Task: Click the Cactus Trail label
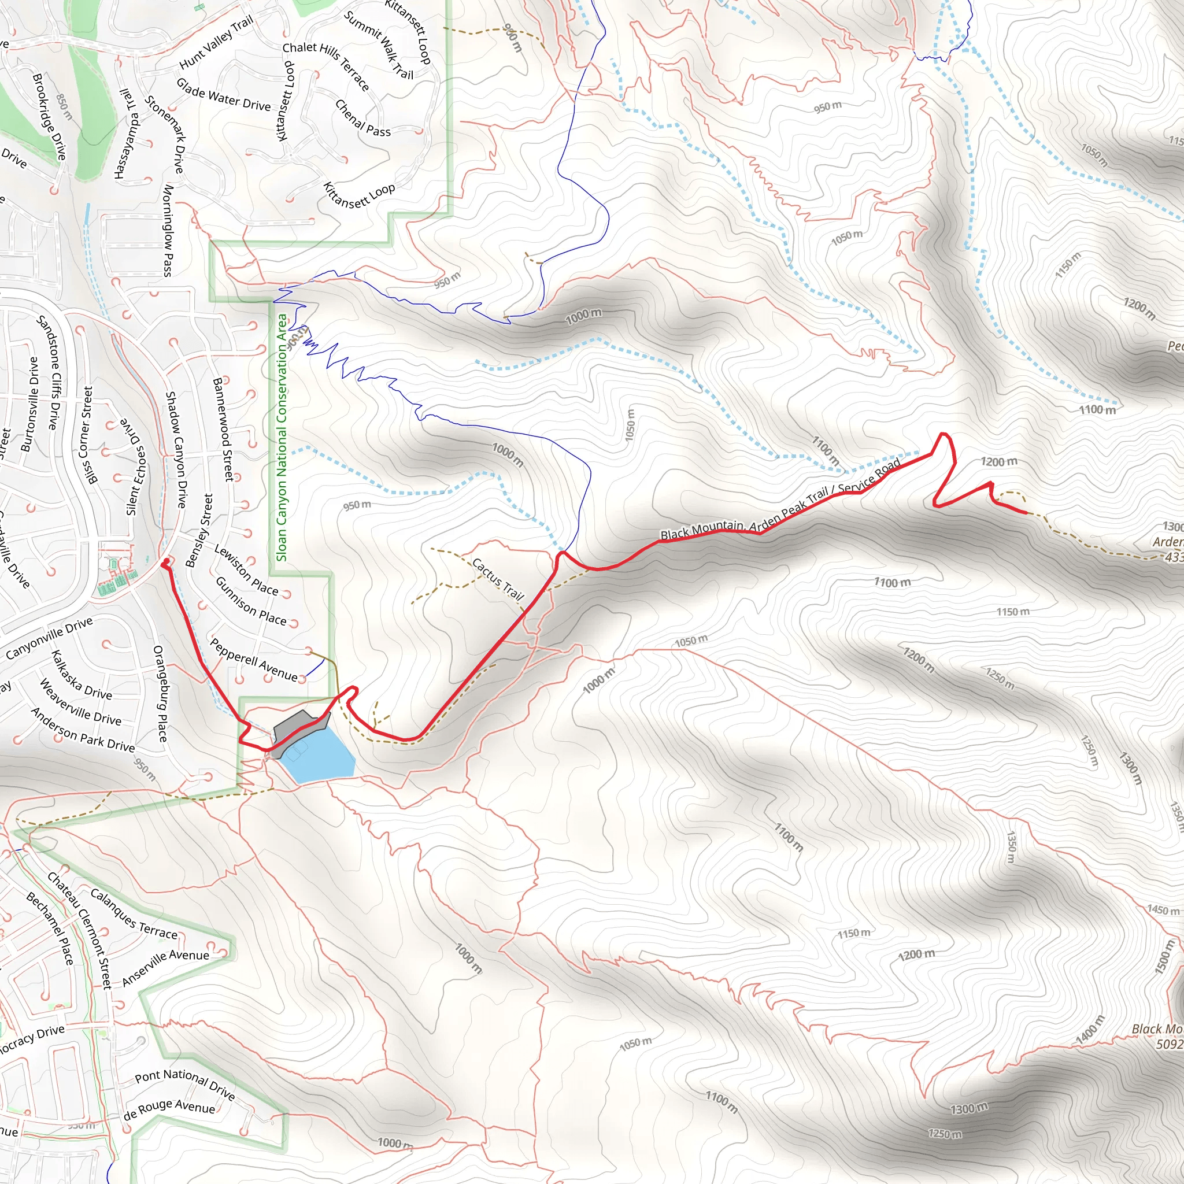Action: click(x=498, y=578)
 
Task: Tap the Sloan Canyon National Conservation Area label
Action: click(x=282, y=438)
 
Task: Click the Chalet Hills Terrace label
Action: click(x=325, y=66)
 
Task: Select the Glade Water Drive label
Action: click(x=223, y=94)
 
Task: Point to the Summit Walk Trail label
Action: click(x=379, y=45)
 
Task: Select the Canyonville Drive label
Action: click(x=49, y=638)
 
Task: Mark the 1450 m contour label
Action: click(x=1163, y=910)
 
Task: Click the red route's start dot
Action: click(x=166, y=561)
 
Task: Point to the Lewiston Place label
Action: click(x=246, y=570)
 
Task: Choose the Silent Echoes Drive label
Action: click(x=135, y=467)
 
